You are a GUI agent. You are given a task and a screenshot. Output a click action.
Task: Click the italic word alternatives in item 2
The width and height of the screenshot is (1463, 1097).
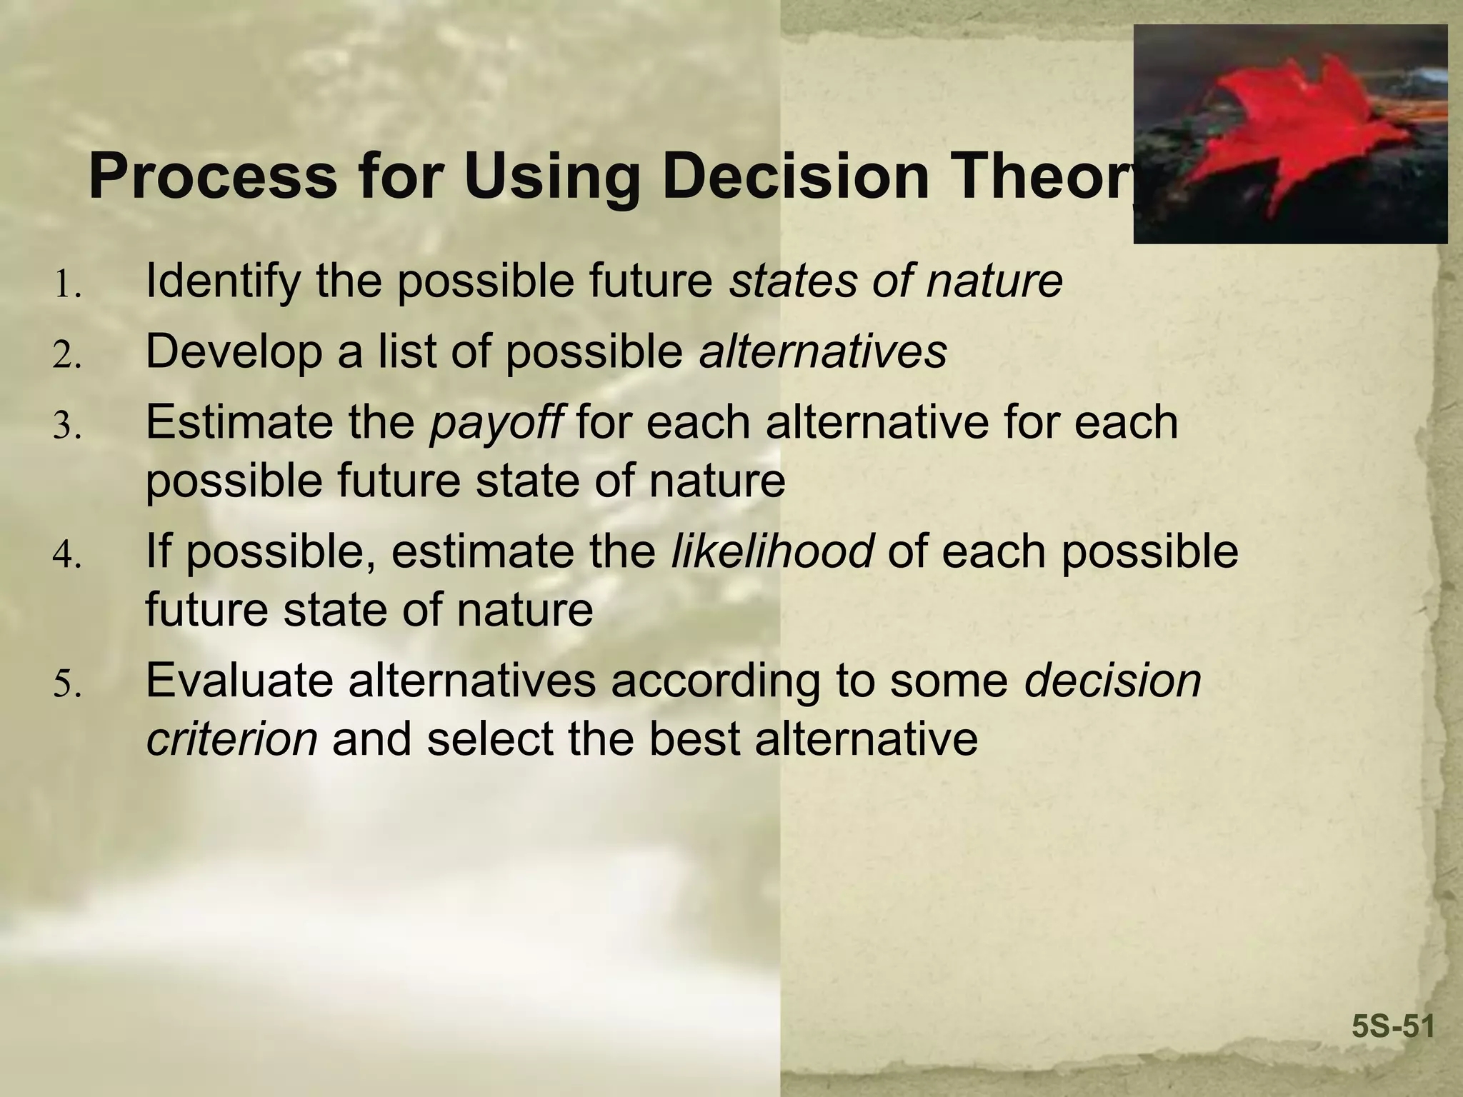823,351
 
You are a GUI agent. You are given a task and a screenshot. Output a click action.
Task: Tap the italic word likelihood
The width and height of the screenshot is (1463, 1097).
772,551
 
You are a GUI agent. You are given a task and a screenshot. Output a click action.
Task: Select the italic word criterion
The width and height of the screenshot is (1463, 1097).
231,739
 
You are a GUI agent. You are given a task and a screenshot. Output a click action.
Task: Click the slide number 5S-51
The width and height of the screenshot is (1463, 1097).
1393,1027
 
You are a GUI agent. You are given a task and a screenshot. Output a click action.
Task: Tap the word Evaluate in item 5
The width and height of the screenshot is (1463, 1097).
239,680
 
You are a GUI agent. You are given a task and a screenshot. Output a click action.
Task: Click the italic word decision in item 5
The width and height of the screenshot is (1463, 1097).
1112,680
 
